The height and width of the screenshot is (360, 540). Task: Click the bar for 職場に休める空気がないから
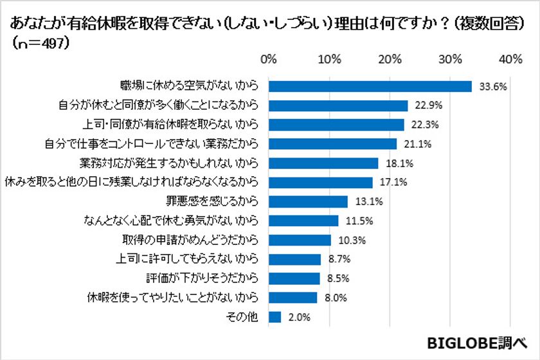coord(370,85)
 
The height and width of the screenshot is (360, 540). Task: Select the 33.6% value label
coord(492,85)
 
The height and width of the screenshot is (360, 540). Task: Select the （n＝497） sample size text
coord(40,44)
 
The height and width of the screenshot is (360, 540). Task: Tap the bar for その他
coord(274,317)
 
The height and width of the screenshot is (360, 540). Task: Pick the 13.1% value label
coord(366,201)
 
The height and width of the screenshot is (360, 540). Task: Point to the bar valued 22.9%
coord(337,105)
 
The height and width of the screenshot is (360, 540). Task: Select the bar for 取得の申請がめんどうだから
coord(299,240)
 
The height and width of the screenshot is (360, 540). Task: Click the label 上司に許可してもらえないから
coord(189,259)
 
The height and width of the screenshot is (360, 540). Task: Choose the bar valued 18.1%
coord(323,163)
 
